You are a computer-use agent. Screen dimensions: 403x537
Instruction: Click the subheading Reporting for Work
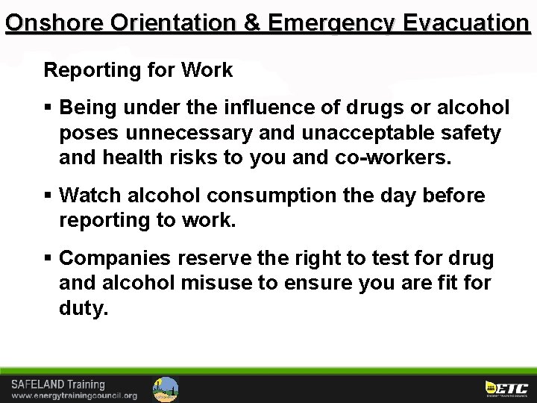point(138,71)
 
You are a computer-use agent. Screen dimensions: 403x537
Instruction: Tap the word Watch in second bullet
point(92,196)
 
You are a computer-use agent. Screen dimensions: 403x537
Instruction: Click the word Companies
point(116,259)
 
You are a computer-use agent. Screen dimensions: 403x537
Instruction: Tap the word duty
point(83,308)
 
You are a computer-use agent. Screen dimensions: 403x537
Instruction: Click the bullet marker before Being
point(48,109)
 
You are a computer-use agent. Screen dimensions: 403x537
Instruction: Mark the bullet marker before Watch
point(48,196)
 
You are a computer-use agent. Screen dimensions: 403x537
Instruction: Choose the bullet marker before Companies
point(48,259)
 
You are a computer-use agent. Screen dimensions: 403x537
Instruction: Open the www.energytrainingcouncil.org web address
point(74,396)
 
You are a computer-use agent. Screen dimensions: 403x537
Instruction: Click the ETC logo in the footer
point(507,388)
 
